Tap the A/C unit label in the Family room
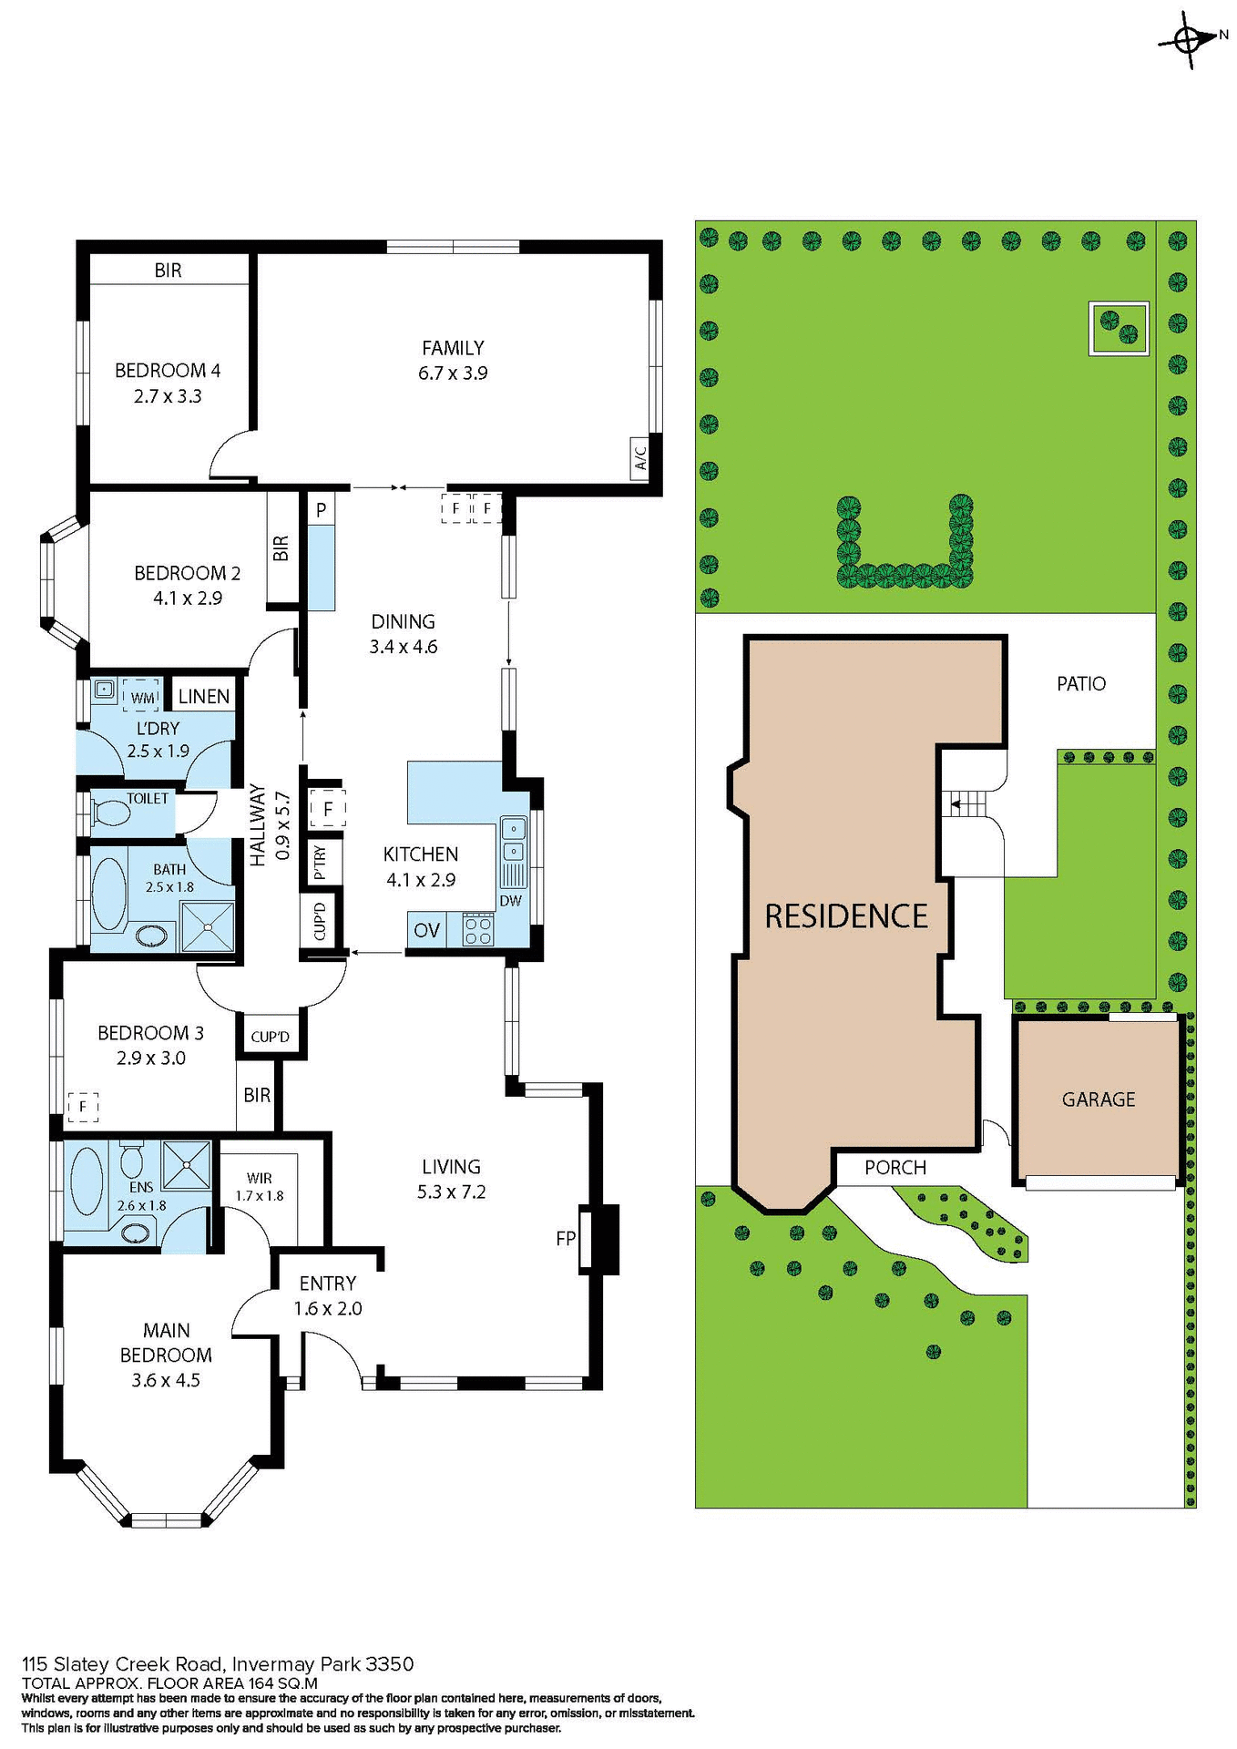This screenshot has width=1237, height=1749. coord(640,456)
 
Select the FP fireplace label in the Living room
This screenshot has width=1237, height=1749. coord(565,1238)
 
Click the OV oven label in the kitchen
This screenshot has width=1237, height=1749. coord(426,930)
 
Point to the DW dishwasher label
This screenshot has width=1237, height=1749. coord(510,901)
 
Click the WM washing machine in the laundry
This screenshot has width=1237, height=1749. coord(142,697)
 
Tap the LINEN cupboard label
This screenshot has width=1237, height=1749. coord(204,697)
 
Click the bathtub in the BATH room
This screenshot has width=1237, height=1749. coord(109,894)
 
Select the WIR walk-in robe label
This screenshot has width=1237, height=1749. coord(260,1179)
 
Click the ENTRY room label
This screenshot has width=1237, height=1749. coord(328,1284)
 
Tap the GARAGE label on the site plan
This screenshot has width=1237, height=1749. coord(1099,1100)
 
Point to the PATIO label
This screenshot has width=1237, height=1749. coord(1081,683)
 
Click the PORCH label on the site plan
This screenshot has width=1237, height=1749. coord(895,1168)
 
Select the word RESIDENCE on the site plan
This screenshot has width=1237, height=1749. coord(846,915)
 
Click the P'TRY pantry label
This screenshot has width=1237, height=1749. coord(320,862)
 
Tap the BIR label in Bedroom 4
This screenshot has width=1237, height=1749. coord(168,271)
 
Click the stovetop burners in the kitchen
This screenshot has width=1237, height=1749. coord(478,931)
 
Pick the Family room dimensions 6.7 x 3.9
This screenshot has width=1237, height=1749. coord(453,373)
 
